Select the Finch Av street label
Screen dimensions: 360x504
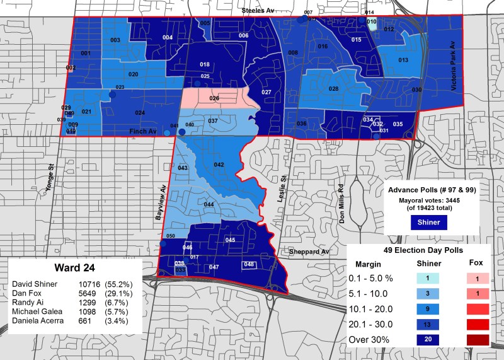coord(142,131)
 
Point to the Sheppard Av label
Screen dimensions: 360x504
coord(309,252)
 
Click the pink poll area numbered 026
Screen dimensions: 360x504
coord(214,98)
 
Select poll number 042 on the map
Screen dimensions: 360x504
coord(219,165)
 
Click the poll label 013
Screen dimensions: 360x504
coord(403,60)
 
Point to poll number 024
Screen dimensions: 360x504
coord(140,113)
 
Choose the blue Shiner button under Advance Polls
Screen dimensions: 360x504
coord(428,222)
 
